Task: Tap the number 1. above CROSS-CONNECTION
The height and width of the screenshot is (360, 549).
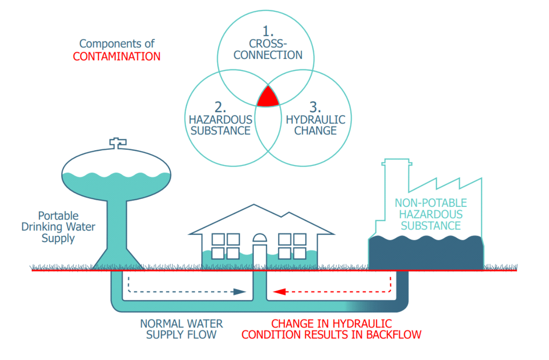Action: click(x=268, y=31)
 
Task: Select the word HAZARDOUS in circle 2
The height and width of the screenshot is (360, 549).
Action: click(x=221, y=119)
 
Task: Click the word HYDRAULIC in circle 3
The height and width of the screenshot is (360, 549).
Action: click(x=315, y=119)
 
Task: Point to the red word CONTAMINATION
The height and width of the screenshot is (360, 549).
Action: click(x=116, y=57)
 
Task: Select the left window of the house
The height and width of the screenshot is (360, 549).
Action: click(x=226, y=246)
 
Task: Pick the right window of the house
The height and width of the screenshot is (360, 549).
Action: click(x=292, y=246)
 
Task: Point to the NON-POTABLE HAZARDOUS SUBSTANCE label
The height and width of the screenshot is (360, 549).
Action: click(x=430, y=214)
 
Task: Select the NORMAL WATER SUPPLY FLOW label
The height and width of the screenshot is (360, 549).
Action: click(x=181, y=329)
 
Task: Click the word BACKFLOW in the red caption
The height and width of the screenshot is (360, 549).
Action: click(x=394, y=334)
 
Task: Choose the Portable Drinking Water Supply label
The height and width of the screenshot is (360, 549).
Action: click(x=58, y=227)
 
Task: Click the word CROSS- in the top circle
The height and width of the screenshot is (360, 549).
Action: click(x=268, y=44)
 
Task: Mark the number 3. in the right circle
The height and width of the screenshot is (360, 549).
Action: click(x=315, y=107)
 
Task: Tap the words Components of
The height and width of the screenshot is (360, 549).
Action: click(x=117, y=44)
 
